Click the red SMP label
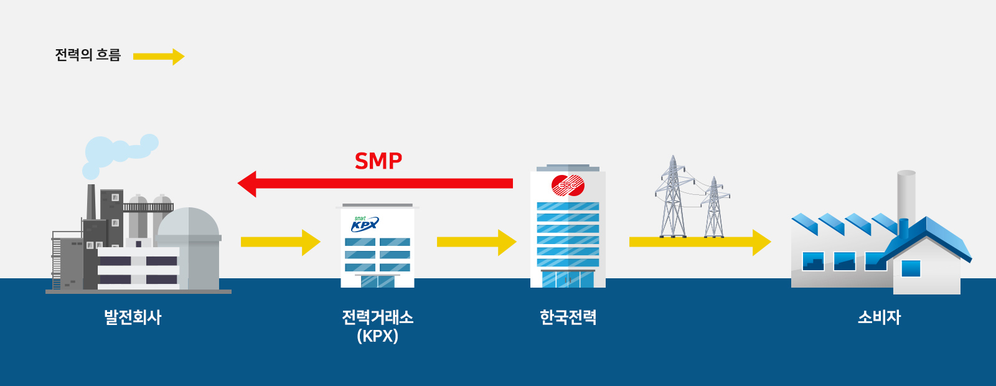pos(378,161)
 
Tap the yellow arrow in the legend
pos(159,57)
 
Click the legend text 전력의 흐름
pos(88,55)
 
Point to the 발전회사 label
pos(133,318)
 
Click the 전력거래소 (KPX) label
pos(377,326)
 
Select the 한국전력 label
pos(568,318)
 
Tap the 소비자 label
pos(879,318)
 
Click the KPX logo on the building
pos(364,224)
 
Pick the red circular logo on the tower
pos(568,186)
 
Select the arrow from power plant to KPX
pos(280,242)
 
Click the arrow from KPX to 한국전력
pos(476,242)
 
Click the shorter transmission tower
pos(714,208)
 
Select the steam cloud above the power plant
pos(118,151)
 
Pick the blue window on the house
pos(911,268)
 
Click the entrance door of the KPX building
pos(377,281)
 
